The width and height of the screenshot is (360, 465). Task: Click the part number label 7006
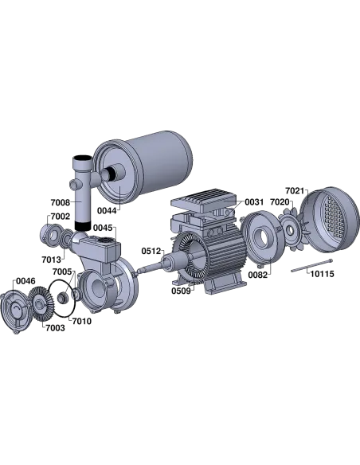(x=61, y=201)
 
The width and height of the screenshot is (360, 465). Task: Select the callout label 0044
(x=107, y=209)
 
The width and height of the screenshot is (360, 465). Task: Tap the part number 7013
(x=51, y=259)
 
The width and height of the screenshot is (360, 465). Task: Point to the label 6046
(x=25, y=280)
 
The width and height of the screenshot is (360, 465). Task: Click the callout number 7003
(x=55, y=326)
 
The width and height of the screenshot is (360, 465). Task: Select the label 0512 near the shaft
(x=151, y=251)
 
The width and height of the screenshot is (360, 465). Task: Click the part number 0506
(x=182, y=292)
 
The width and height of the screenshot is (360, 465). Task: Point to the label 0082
(x=257, y=275)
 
